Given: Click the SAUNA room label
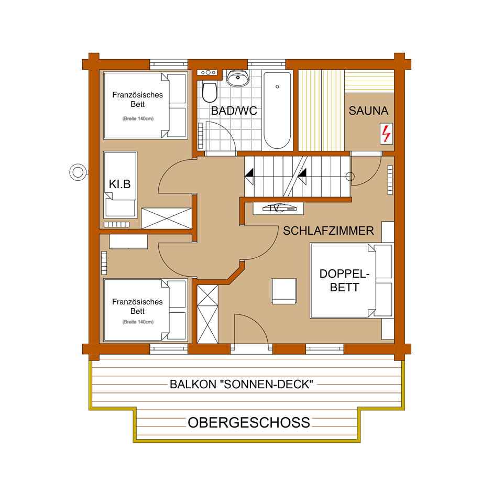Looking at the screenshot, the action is [x=368, y=111].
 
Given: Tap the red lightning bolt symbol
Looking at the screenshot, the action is [x=386, y=134].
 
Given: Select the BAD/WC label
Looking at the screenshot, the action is [x=234, y=111].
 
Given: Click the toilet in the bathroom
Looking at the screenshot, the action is [x=210, y=93].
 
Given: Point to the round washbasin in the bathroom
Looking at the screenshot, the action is [x=238, y=78].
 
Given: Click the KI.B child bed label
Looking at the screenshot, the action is [x=119, y=184].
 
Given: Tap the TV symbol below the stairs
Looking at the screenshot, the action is [x=278, y=208].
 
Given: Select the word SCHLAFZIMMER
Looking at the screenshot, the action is [x=328, y=231].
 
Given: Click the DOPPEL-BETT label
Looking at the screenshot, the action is [x=345, y=280].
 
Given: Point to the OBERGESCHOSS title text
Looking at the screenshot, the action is [x=249, y=422].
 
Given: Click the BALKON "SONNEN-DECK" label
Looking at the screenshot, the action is [x=241, y=384].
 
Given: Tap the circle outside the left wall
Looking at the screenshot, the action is [x=78, y=172].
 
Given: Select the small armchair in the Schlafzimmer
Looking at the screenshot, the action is [x=284, y=291].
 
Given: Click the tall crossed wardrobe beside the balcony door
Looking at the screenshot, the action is [x=207, y=314].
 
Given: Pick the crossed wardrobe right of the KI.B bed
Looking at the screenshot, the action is [x=167, y=218].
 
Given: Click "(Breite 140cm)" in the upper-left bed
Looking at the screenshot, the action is [x=138, y=118].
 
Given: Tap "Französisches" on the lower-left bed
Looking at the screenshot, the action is [x=137, y=302].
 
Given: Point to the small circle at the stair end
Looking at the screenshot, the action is [x=350, y=177].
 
